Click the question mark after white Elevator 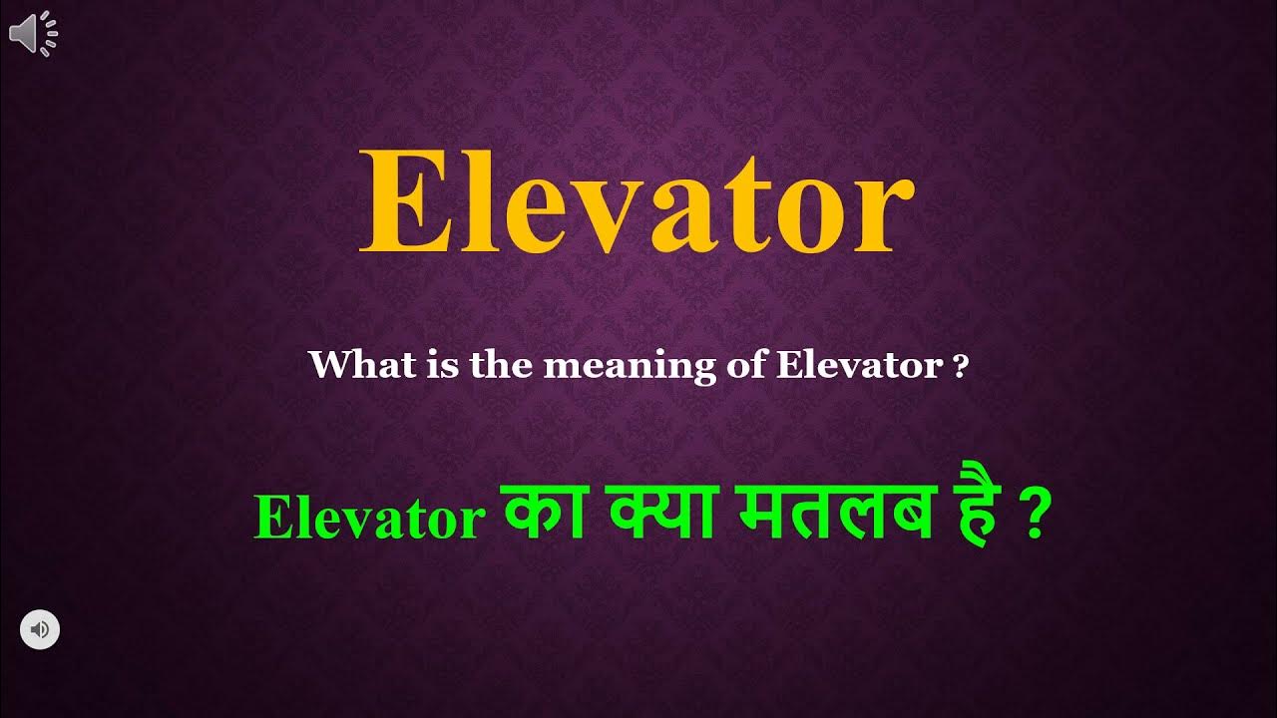point(961,367)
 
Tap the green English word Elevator point(368,519)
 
